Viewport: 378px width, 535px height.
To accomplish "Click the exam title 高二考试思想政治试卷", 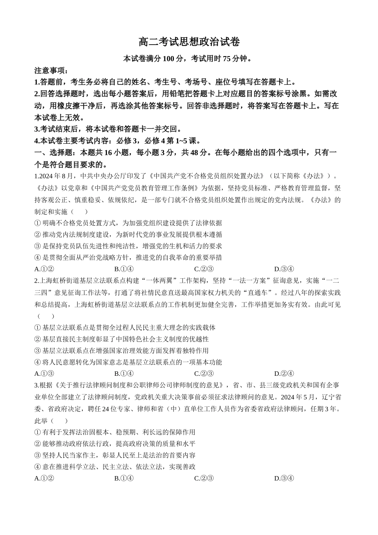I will tap(189, 42).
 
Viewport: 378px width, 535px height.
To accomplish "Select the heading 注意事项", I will tap(51, 71).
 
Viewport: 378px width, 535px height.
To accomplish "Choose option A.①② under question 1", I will tap(44, 269).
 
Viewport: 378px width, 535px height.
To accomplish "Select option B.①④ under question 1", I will tap(124, 269).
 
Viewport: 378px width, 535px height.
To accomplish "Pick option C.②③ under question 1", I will tap(204, 269).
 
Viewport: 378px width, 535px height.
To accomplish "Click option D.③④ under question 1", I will tap(284, 269).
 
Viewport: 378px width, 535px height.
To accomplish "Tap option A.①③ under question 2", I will tap(44, 373).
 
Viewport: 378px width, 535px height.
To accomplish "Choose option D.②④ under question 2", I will tap(284, 373).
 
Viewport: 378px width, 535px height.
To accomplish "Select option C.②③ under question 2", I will tap(204, 373).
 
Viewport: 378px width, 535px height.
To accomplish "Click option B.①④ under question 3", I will tap(124, 478).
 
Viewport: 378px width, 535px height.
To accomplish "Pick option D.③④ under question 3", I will tap(284, 478).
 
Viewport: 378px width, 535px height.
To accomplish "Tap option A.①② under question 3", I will tap(44, 478).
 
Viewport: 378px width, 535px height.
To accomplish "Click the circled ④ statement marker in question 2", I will tap(38, 362).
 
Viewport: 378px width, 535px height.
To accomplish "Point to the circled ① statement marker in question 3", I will tap(38, 432).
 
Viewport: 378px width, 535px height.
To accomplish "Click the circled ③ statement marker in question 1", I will tap(38, 246).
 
